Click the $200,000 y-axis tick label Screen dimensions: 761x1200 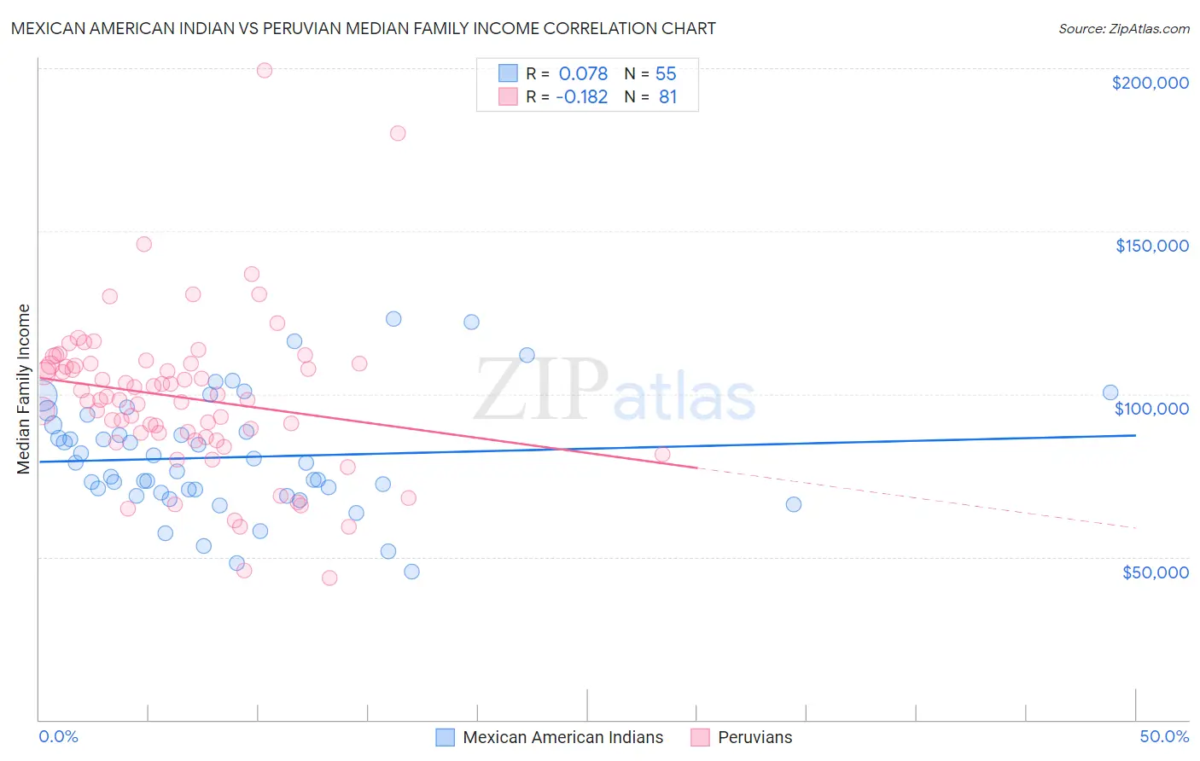[x=1150, y=83]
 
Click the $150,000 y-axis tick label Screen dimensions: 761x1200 [x=1151, y=246]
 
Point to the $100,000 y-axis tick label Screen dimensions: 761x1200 [x=1151, y=409]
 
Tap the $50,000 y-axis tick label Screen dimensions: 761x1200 [x=1155, y=572]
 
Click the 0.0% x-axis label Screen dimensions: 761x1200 [x=58, y=736]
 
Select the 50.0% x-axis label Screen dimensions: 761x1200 [x=1164, y=736]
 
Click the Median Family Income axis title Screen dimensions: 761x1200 [x=24, y=389]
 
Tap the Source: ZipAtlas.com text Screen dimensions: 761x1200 [x=1123, y=28]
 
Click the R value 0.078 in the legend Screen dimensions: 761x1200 [x=583, y=73]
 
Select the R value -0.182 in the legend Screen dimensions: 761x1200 [x=581, y=97]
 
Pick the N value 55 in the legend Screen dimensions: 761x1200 [x=666, y=73]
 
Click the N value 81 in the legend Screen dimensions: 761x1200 [x=667, y=97]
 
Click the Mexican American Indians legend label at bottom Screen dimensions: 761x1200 [x=562, y=737]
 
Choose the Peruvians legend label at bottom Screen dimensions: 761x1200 [x=754, y=737]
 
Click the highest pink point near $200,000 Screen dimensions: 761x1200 [x=265, y=71]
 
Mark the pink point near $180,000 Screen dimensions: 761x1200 [x=398, y=133]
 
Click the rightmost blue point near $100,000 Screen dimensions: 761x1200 [x=1110, y=392]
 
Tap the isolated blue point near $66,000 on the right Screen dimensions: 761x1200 [x=794, y=504]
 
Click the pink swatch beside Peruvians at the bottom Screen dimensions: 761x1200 [x=700, y=737]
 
